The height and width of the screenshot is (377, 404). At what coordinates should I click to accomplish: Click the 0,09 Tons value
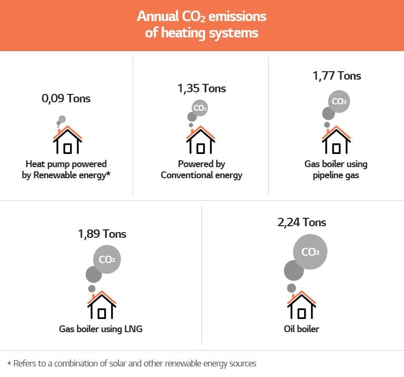[66, 98]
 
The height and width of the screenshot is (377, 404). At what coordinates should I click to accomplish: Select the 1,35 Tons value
[201, 88]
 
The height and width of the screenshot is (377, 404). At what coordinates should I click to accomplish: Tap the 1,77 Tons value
[337, 75]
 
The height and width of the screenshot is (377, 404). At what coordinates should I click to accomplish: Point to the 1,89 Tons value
[102, 234]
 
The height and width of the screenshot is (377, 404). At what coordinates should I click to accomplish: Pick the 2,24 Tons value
[301, 222]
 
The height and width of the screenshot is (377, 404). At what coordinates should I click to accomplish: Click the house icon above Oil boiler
[301, 305]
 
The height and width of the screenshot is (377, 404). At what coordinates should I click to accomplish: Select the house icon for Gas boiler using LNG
[102, 306]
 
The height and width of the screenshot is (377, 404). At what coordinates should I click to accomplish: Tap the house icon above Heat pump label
[68, 141]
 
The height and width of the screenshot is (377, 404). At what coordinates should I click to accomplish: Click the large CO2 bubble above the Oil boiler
[310, 252]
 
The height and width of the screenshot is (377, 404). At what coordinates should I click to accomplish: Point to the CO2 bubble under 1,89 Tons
[107, 259]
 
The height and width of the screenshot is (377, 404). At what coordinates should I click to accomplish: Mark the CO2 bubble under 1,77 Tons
[339, 101]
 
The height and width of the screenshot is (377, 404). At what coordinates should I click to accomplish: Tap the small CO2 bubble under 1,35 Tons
[199, 108]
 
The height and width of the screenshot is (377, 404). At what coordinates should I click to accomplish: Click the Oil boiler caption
[301, 329]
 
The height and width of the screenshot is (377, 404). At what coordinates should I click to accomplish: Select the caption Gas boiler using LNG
[101, 329]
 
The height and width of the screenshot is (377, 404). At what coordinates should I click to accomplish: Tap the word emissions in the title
[237, 16]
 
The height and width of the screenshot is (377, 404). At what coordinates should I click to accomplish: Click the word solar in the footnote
[123, 363]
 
